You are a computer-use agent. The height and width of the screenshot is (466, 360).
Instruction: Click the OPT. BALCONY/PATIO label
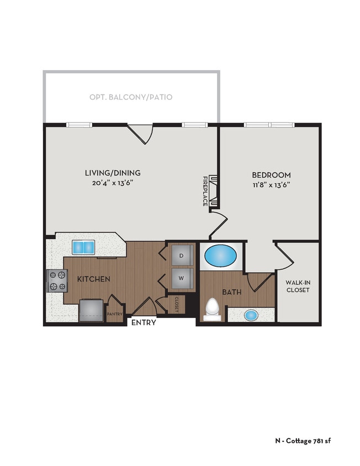pos(131,97)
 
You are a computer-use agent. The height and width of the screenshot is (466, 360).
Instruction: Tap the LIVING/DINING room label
pos(109,172)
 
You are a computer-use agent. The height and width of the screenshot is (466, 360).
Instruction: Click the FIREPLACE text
pos(204,191)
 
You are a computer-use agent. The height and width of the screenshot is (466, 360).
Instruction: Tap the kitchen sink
pos(83,247)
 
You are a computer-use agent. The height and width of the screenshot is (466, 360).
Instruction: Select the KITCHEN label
pos(93,279)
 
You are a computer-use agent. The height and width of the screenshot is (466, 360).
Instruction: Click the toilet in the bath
pos(212,309)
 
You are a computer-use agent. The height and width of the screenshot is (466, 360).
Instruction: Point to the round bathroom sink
pos(251,315)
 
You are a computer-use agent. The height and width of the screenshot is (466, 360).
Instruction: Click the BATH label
pos(231,292)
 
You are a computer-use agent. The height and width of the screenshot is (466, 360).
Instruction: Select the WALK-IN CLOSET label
pos(297,286)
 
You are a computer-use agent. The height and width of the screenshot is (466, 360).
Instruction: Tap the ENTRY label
pos(144,323)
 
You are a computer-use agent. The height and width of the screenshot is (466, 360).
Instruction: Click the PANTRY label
pos(114,314)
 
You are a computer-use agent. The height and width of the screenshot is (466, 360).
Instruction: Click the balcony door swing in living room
pos(140,133)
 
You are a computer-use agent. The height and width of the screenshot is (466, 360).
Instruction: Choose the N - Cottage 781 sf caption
pos(303,441)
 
